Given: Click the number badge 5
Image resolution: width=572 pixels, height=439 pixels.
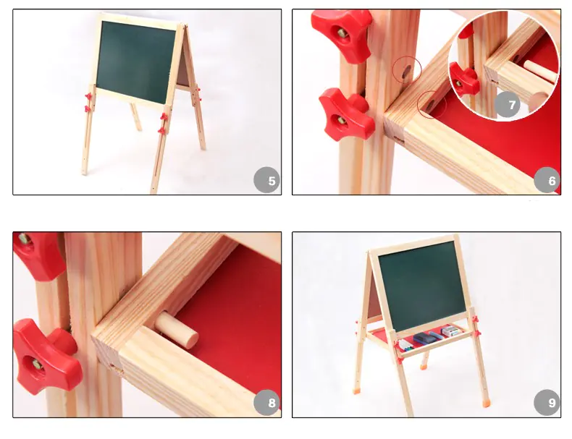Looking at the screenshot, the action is point(266,180).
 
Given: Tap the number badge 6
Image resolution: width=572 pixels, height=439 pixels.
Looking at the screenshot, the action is point(547,180).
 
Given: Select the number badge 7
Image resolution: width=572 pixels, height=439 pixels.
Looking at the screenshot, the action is point(508,105).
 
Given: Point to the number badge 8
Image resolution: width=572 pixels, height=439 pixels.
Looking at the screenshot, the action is point(266,402).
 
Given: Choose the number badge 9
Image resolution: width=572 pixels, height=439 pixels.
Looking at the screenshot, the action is point(547,402).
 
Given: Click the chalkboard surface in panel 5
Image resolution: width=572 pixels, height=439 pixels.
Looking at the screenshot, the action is point(135,61).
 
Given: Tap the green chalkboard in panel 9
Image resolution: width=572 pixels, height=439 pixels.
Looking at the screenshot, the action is point(421,285).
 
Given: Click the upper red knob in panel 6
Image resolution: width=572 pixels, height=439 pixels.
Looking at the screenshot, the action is point(342,35).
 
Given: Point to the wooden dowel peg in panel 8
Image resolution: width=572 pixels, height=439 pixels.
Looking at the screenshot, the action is point(177,329).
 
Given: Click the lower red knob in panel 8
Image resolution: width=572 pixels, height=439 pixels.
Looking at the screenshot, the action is point(46,357).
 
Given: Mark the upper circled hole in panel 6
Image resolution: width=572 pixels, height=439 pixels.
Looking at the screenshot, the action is point(406,70).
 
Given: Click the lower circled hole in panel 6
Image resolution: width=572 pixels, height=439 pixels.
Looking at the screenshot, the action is point(431,104).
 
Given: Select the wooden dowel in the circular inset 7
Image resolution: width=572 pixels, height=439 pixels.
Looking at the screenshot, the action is point(541,71).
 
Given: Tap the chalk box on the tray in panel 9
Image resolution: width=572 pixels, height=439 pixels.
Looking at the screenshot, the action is point(452,331).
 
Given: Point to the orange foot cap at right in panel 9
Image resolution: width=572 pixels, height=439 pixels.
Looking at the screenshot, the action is point(486,404).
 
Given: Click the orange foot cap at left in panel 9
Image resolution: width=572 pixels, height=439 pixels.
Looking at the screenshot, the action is point(357,391).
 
